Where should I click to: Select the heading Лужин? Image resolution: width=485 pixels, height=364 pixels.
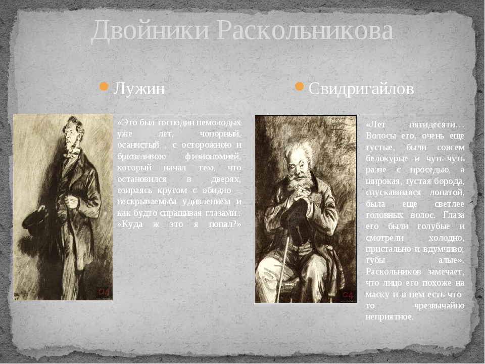pyautogui.click(x=139, y=89)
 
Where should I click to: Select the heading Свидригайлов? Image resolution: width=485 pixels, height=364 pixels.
pyautogui.click(x=361, y=89)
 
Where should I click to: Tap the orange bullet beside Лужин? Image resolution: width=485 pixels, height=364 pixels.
pyautogui.click(x=104, y=86)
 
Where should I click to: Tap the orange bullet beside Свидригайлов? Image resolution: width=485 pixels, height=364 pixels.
pyautogui.click(x=299, y=86)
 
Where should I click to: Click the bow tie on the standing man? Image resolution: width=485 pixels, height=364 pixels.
pyautogui.click(x=72, y=152)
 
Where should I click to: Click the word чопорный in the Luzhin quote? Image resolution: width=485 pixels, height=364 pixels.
pyautogui.click(x=220, y=134)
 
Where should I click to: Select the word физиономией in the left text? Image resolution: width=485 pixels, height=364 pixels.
pyautogui.click(x=213, y=157)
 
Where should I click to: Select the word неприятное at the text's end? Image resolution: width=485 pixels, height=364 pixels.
pyautogui.click(x=390, y=316)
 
